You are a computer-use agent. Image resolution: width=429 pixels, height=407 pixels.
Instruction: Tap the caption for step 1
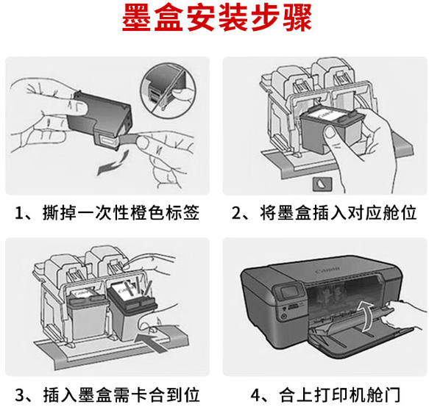[x=107, y=213]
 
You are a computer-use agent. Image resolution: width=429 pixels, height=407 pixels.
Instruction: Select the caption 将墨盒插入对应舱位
[x=325, y=213]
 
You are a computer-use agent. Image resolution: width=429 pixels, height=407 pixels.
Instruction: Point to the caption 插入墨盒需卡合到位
[x=107, y=395]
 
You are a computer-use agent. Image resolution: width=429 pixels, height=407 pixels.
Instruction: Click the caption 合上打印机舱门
[x=325, y=395]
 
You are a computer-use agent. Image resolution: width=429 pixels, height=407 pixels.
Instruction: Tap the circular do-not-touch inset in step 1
[x=168, y=90]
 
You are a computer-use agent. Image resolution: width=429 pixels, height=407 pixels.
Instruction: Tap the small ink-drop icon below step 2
[x=322, y=184]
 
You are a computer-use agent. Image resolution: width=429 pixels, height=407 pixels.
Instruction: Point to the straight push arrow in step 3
[x=152, y=342]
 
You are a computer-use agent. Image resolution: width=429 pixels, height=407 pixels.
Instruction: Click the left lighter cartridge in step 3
[x=86, y=314]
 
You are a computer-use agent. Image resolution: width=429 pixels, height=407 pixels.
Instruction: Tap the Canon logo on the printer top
[x=327, y=270]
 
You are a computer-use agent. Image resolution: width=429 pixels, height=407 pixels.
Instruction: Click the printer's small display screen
[x=290, y=292]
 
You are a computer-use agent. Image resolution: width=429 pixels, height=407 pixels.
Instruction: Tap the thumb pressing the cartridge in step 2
[x=330, y=133]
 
